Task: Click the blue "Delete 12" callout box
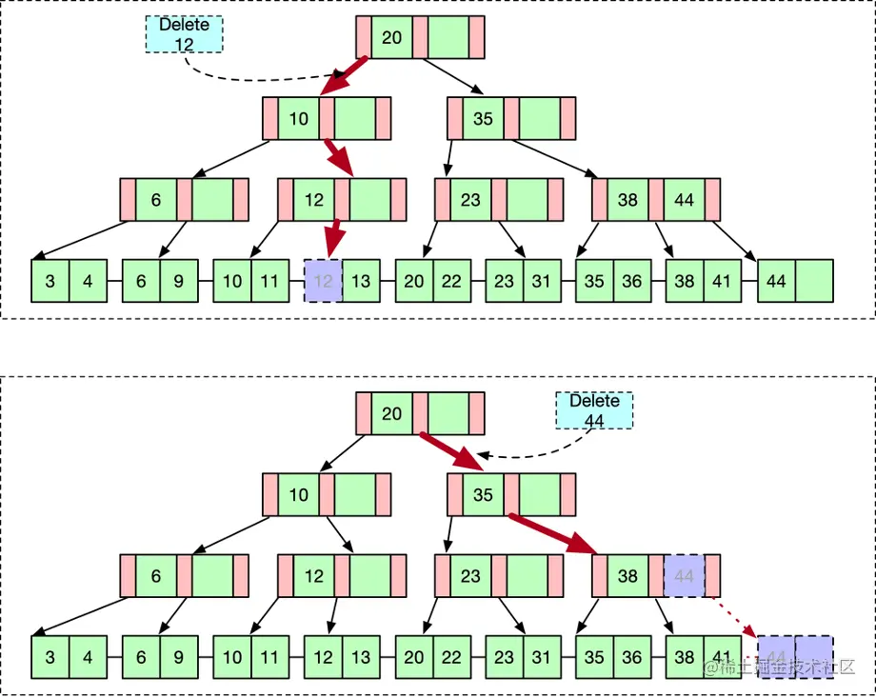coord(184,35)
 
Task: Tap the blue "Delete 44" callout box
coord(594,411)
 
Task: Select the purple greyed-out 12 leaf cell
coord(323,281)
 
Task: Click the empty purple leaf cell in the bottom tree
coord(814,657)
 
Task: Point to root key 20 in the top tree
coord(392,38)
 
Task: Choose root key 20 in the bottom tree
coord(392,414)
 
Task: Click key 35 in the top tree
coord(483,119)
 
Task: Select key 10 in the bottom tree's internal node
coord(299,495)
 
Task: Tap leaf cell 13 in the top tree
coord(361,281)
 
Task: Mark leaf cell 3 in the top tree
coord(50,281)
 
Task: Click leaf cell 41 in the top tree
coord(723,281)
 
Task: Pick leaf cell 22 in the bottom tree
coord(452,657)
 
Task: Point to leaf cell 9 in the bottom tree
coord(178,657)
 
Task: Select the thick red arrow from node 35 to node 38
coord(551,533)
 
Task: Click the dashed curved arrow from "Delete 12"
coord(248,76)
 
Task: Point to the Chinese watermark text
coord(781,669)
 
